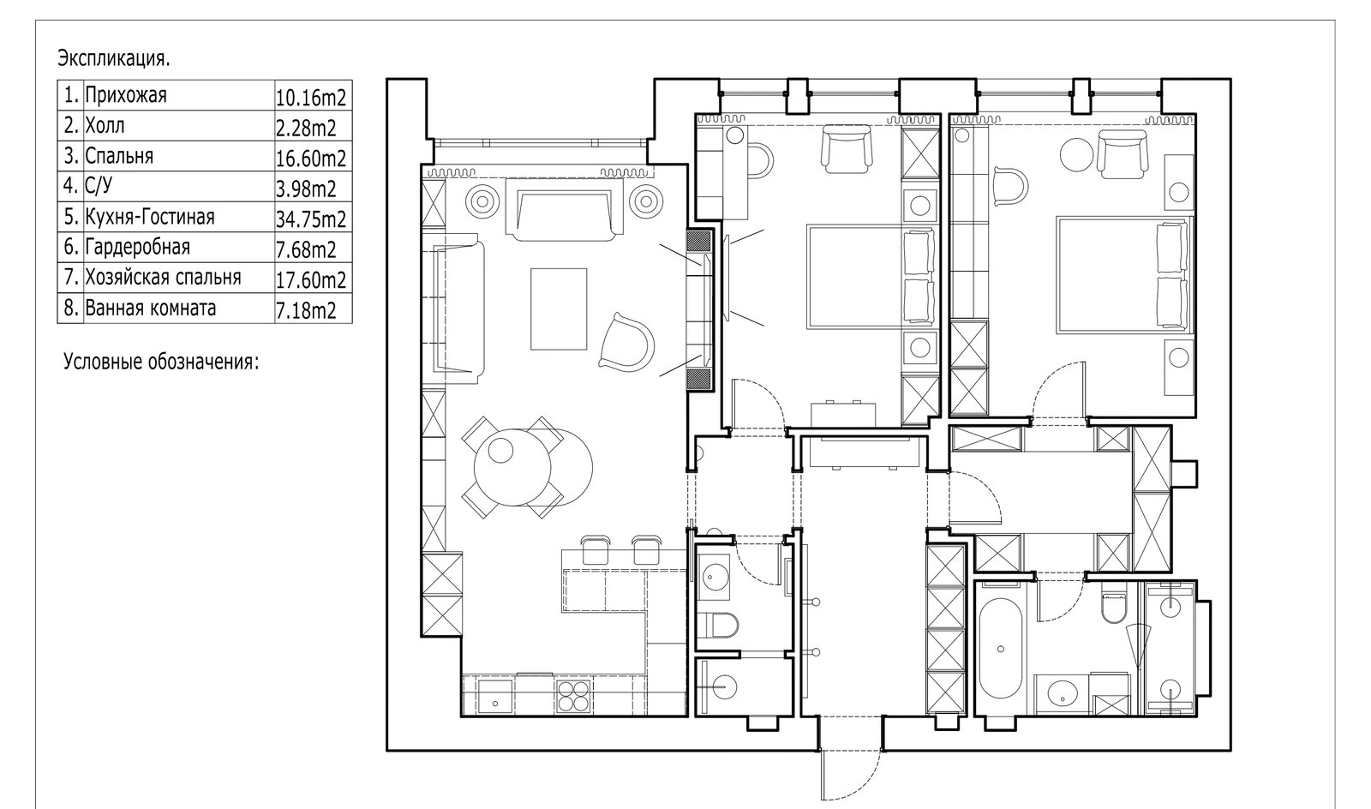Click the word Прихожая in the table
click(125, 95)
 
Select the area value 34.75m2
click(311, 219)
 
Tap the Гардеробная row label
click(138, 247)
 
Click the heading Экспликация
click(114, 59)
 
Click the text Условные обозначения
click(162, 362)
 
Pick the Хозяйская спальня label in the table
click(164, 278)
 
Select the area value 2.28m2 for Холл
click(306, 128)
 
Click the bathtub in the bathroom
click(1000, 648)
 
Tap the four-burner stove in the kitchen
click(573, 697)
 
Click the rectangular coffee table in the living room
click(559, 309)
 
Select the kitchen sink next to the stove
click(496, 697)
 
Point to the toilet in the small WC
click(721, 625)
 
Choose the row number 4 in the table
click(70, 186)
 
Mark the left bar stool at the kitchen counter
click(595, 549)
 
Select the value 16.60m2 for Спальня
click(311, 159)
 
